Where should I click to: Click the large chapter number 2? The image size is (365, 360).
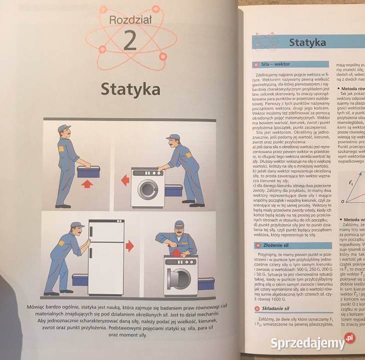[x=129, y=41]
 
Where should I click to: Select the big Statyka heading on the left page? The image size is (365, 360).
[x=130, y=89]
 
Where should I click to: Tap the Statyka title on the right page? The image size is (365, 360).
[x=307, y=42]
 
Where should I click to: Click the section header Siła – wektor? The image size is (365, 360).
[x=275, y=64]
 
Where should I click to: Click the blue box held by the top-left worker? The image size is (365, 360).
[x=88, y=171]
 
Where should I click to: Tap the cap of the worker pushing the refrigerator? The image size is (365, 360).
[x=76, y=225]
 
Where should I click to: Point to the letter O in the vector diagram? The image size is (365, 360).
[x=342, y=201]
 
